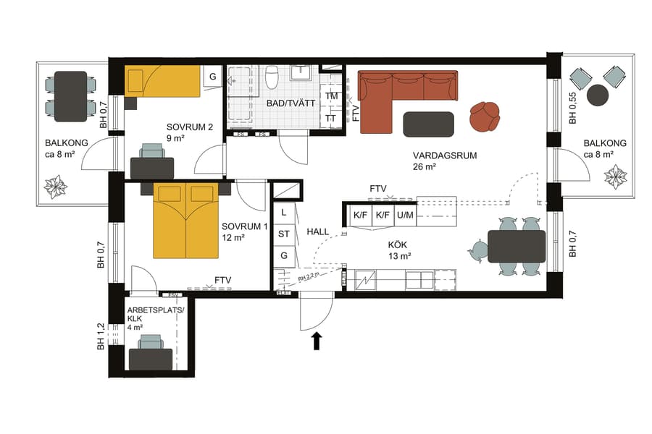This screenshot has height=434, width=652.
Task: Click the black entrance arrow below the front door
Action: point(317,340)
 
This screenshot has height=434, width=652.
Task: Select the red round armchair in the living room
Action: point(485,116)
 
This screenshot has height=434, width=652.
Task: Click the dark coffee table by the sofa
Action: point(428,124)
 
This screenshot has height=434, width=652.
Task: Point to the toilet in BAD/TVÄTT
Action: point(272,76)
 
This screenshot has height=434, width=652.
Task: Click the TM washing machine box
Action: point(331,96)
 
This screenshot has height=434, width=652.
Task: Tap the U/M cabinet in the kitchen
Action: point(405,216)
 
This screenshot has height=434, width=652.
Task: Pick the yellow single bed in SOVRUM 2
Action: point(163,81)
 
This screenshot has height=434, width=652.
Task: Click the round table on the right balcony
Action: point(598,94)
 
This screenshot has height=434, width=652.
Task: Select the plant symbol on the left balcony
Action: point(56,187)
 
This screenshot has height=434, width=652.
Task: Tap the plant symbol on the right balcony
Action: point(617,176)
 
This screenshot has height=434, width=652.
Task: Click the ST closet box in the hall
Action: point(284,234)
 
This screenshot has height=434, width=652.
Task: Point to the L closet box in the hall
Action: point(284,213)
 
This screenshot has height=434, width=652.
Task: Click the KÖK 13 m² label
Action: point(399,250)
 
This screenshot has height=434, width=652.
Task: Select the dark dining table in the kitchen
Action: point(516,246)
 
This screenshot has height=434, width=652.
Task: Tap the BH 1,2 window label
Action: point(102,336)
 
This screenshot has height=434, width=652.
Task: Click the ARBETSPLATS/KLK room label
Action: point(156,314)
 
